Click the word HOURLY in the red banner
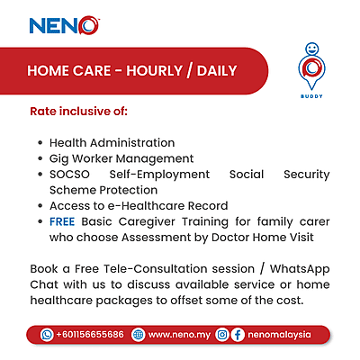(161, 71)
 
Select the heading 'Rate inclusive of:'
(79, 113)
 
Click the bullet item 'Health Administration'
(112, 142)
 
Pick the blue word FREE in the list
(62, 220)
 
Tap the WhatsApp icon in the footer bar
(48, 334)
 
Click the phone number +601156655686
(90, 334)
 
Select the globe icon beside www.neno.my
(139, 334)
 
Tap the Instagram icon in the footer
(222, 334)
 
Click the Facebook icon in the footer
(238, 334)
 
